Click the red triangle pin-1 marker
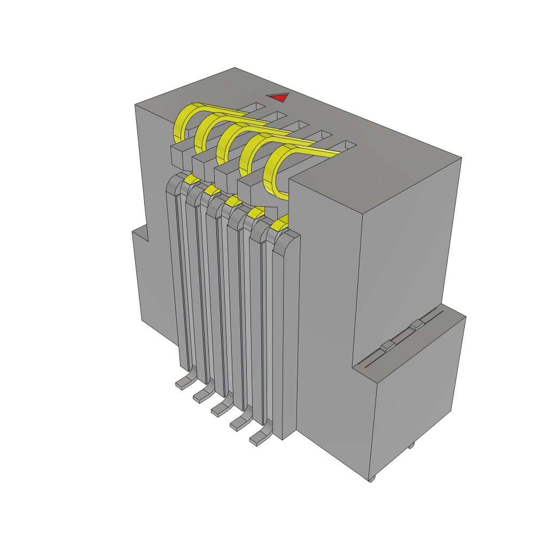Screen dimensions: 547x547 pos(279,98)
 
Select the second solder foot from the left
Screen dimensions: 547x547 pos(202,394)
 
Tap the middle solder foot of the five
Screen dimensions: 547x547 pos(220,408)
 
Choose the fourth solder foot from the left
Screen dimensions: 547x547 pos(239,423)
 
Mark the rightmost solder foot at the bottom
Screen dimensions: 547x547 pos(259,438)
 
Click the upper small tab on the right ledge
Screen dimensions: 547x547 pos(416,324)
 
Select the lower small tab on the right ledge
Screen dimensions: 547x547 pos(387,346)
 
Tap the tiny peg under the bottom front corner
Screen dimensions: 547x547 pos(372,479)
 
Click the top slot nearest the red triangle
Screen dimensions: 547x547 pos(255,107)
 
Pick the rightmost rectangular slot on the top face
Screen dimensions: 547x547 pos(345,145)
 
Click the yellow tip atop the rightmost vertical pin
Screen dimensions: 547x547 pos(279,224)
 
